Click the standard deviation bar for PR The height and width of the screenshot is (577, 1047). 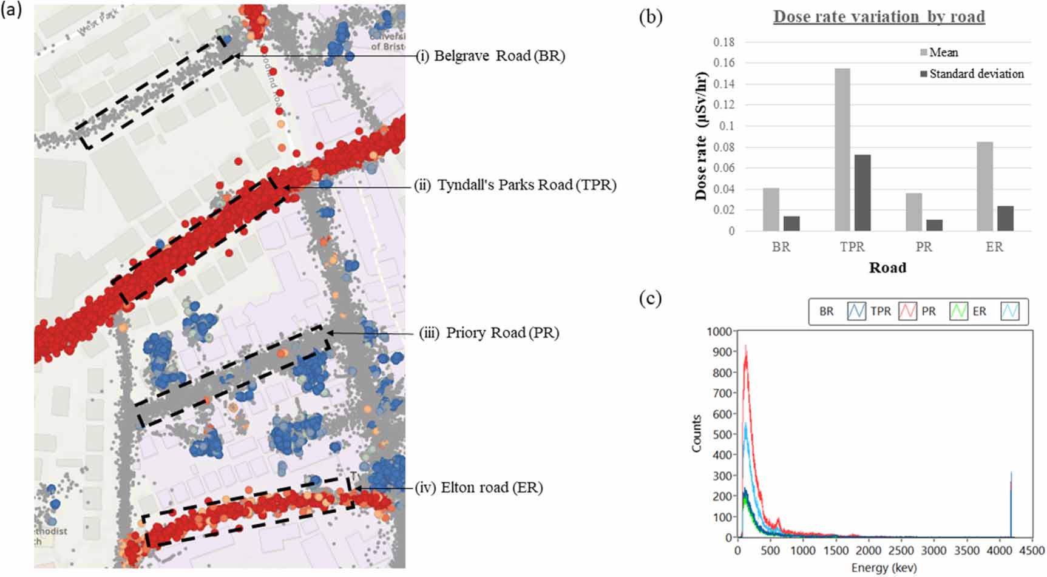coord(934,225)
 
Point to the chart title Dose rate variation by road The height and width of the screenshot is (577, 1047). coord(879,17)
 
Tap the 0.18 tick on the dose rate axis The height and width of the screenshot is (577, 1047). coord(723,42)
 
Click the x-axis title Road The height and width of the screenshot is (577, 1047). coord(887,268)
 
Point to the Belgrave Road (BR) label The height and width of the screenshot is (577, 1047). coord(490,56)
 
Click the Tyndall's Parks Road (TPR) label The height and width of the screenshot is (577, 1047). coord(515,185)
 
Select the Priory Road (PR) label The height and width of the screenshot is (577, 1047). coord(489,332)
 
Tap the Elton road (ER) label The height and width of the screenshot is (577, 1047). coord(479,487)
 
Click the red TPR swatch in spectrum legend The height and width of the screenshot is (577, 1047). coord(907,311)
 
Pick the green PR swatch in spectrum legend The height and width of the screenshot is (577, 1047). coord(958,311)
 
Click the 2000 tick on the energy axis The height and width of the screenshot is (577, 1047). coord(868,550)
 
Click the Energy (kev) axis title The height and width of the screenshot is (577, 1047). coord(884,568)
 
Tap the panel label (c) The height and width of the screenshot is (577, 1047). coord(650,299)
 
